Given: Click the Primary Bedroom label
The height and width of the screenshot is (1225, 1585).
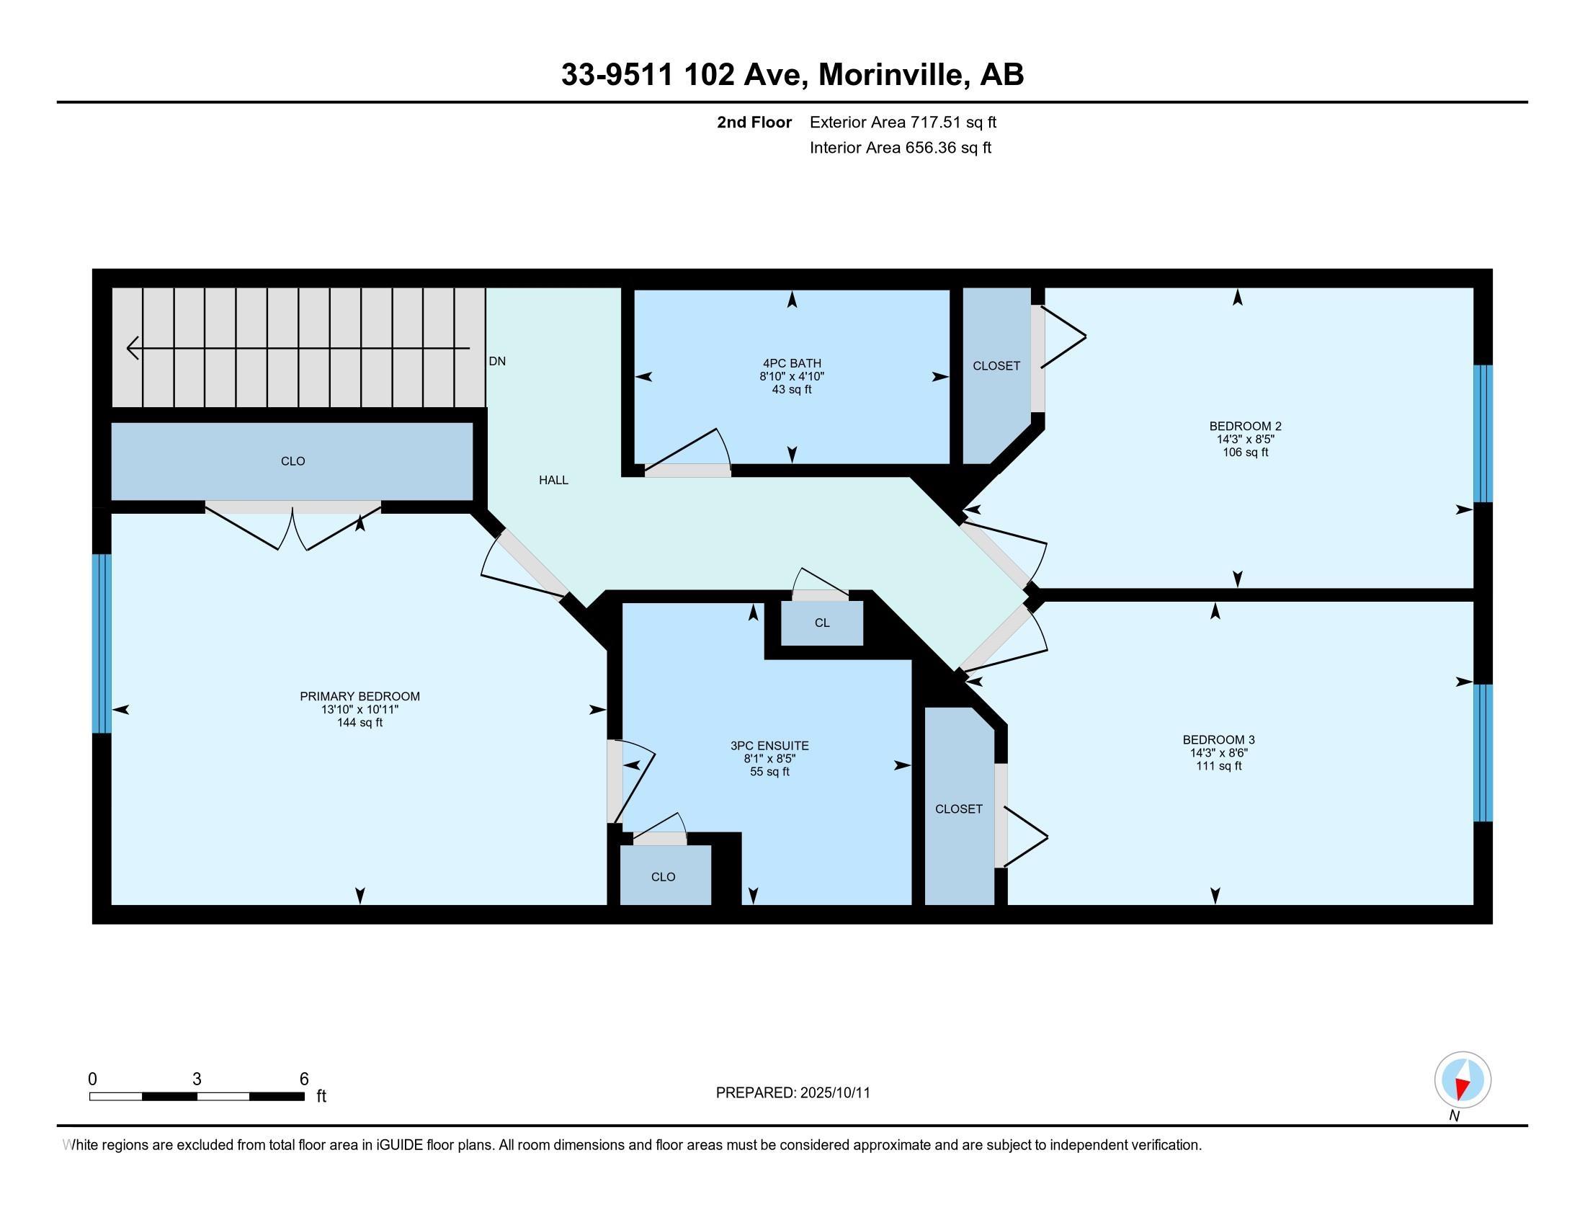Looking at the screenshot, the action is point(360,696).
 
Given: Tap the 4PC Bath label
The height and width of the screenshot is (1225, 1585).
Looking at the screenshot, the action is point(792,363).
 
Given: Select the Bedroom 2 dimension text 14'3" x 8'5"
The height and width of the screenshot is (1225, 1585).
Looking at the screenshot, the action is point(1246,439).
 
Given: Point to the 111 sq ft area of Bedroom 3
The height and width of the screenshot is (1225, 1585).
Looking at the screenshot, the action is point(1218,765).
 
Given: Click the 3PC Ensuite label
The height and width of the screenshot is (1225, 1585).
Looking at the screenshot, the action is point(769,745).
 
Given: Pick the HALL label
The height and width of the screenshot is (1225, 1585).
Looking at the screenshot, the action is point(553,480).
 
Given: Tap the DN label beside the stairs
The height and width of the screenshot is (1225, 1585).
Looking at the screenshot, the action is point(497,361).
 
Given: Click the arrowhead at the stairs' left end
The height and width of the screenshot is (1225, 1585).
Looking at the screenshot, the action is point(133,348).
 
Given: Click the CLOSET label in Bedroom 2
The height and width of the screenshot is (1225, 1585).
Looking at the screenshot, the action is point(996,366).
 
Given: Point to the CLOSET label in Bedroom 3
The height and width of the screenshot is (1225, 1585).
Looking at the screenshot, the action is point(959,808).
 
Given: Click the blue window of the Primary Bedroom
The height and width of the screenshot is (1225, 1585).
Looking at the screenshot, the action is point(102,643).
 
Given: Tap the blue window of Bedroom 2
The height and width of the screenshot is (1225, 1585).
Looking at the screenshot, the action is point(1483,433).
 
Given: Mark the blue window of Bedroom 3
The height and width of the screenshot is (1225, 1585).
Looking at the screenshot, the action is point(1483,752).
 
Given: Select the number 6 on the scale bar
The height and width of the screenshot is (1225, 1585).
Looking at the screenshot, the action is point(304,1079).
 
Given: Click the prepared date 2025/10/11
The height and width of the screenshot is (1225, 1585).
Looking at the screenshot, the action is point(834,1093).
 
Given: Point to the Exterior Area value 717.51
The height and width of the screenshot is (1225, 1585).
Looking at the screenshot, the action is point(935,122).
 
